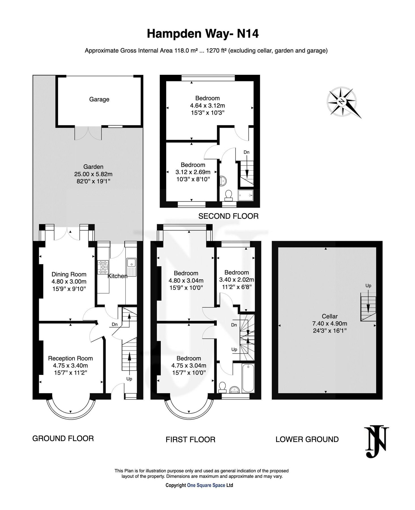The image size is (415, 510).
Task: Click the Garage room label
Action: click(x=99, y=99)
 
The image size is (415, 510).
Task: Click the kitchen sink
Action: click(x=131, y=263)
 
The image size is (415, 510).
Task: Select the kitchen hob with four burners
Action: click(x=103, y=267)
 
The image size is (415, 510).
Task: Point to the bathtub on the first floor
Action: click(x=248, y=378)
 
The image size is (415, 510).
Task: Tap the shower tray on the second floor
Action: click(x=245, y=195)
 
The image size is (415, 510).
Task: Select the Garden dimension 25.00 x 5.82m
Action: click(x=93, y=174)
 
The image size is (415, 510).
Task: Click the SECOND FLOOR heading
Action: click(x=228, y=216)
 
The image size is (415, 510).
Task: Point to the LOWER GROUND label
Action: click(x=307, y=439)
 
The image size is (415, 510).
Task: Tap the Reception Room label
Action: click(x=70, y=358)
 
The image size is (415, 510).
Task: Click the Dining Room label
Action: click(x=69, y=274)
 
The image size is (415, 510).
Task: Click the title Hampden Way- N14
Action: click(x=203, y=34)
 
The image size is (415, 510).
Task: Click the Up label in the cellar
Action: click(x=368, y=286)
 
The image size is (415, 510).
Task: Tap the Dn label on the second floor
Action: click(x=246, y=152)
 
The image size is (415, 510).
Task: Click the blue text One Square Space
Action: click(x=206, y=485)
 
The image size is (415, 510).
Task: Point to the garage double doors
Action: click(x=88, y=133)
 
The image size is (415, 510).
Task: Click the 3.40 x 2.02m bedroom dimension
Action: click(x=236, y=280)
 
